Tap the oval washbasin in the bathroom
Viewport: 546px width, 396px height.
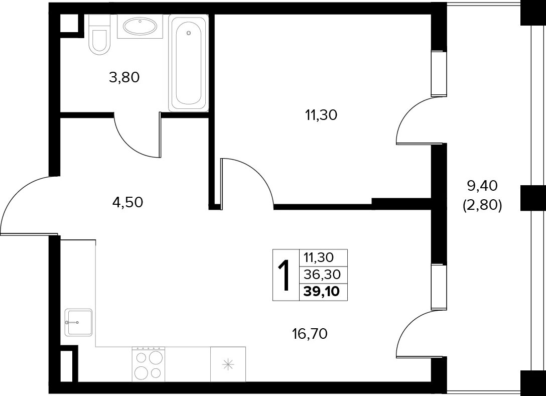pyautogui.click(x=140, y=26)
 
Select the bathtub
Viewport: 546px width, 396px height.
pyautogui.click(x=188, y=63)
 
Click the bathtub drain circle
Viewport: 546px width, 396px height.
pyautogui.click(x=189, y=33)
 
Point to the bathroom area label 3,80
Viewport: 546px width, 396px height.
pyautogui.click(x=124, y=77)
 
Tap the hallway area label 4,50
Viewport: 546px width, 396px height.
pyautogui.click(x=127, y=202)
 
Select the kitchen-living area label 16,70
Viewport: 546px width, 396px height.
pyautogui.click(x=310, y=334)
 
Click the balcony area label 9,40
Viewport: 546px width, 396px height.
pyautogui.click(x=482, y=186)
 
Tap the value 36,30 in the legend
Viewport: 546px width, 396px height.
pyautogui.click(x=322, y=275)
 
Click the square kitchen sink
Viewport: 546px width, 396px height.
pyautogui.click(x=78, y=323)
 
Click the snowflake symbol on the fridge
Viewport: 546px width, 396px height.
pyautogui.click(x=228, y=365)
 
